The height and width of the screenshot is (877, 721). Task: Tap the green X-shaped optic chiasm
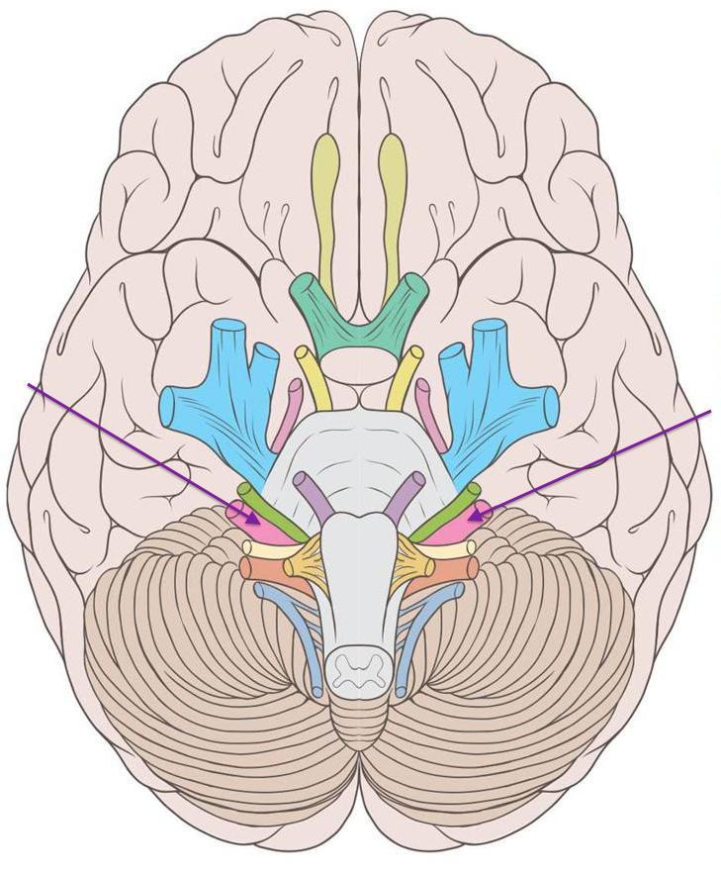[358, 317]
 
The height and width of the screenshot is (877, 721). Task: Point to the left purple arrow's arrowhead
[258, 520]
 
